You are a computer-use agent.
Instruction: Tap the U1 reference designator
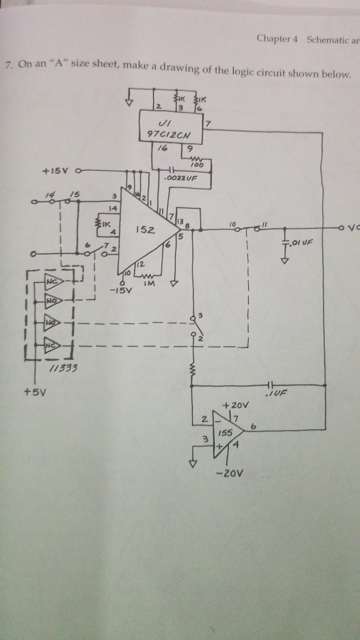164,123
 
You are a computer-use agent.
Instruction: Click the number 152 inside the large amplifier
145,230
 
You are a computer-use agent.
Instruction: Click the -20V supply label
230,475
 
